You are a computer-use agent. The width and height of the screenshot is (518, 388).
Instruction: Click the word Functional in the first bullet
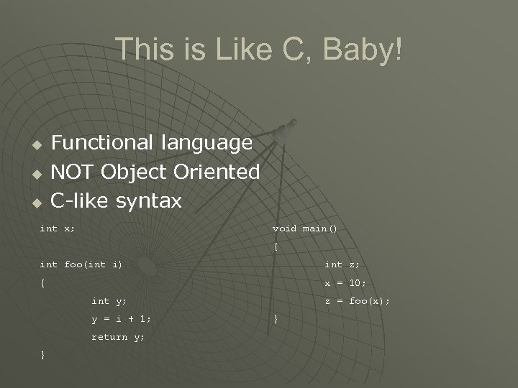(101, 143)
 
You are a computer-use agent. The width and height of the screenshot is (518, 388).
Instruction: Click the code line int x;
(57, 228)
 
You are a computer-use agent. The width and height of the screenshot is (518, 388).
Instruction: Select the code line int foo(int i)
(81, 264)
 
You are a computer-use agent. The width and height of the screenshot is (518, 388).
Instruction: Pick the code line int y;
(109, 301)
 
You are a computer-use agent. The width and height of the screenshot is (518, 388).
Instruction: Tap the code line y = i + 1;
(121, 319)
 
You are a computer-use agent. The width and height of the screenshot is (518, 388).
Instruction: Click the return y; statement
(118, 337)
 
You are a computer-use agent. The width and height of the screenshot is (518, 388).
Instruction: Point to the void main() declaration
(304, 228)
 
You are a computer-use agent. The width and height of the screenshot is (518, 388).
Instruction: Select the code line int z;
(342, 264)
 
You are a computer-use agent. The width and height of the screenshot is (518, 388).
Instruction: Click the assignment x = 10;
(345, 283)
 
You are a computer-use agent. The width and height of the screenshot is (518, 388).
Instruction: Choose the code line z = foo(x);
(357, 301)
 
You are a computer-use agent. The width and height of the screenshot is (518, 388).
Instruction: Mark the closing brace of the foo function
(43, 356)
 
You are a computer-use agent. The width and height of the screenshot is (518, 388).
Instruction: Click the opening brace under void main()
(276, 247)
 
